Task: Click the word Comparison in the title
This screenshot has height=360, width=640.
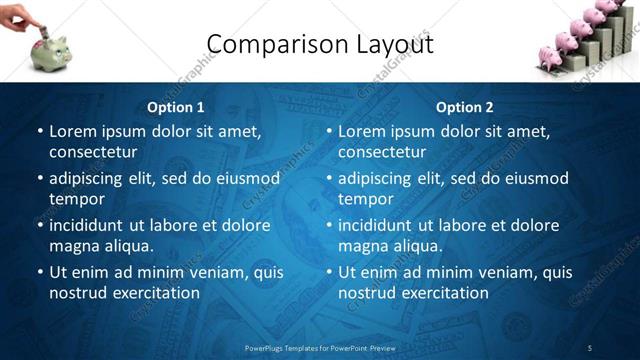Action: (264, 44)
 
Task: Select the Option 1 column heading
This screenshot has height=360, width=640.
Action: (176, 107)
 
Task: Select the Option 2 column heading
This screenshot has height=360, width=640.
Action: (465, 107)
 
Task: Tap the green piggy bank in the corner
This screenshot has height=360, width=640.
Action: (51, 52)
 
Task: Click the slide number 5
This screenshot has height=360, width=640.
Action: (589, 347)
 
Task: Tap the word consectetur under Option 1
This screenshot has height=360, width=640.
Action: (93, 153)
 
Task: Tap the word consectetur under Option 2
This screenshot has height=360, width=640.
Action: (382, 153)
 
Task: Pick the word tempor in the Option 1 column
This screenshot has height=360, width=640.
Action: (75, 199)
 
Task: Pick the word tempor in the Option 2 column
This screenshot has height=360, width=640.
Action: (364, 199)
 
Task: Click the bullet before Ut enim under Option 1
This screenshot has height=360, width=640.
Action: (39, 272)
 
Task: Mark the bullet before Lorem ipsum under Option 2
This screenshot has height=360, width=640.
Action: (328, 131)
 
